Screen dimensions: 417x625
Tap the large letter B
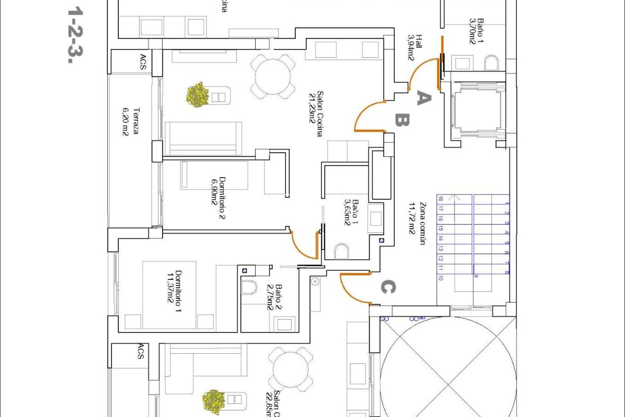pyautogui.click(x=402, y=120)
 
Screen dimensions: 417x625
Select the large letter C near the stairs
pyautogui.click(x=388, y=287)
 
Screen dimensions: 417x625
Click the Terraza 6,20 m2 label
pyautogui.click(x=130, y=122)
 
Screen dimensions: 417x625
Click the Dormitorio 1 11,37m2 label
pyautogui.click(x=174, y=291)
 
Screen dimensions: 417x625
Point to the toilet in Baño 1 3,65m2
pyautogui.click(x=341, y=251)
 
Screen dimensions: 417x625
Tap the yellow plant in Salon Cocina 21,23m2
pyautogui.click(x=198, y=95)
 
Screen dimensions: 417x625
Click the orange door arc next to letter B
pyautogui.click(x=367, y=116)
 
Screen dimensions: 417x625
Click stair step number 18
pyautogui.click(x=441, y=199)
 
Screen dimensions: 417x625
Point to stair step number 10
pyautogui.click(x=441, y=278)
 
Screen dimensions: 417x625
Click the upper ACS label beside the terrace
pyautogui.click(x=143, y=62)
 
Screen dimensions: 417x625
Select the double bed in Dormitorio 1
pyautogui.click(x=170, y=295)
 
